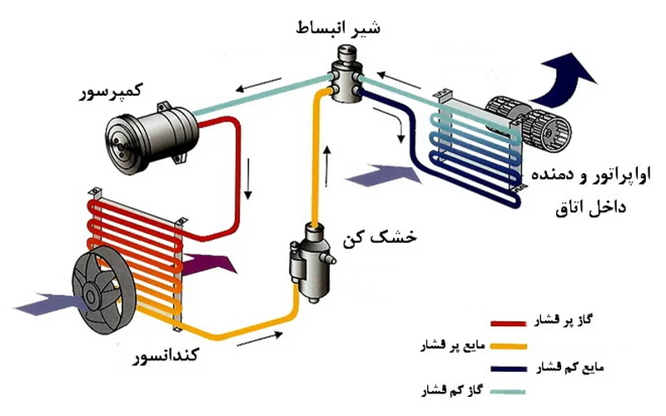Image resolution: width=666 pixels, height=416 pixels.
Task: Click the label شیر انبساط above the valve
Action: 338,27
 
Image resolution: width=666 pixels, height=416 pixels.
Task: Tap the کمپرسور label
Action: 112,92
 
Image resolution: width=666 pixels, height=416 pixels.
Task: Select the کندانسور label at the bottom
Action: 166,354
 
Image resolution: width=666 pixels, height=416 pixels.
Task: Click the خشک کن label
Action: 380,238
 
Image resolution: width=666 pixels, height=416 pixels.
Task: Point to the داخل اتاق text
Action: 591,208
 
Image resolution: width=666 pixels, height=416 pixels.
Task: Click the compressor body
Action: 152,138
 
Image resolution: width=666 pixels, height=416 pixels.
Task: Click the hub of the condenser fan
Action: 89,294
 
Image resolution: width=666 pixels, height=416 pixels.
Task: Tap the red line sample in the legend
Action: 508,324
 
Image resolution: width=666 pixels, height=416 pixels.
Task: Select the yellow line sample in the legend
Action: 509,346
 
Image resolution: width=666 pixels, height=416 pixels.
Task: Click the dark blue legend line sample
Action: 509,369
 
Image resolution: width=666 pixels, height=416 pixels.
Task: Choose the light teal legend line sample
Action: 508,391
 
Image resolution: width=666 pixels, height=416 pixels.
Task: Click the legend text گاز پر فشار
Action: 564,321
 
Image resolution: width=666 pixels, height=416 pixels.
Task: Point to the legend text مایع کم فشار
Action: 569,367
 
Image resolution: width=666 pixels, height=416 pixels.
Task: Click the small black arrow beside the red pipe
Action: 248,179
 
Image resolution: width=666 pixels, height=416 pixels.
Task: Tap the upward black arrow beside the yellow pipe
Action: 326,166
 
